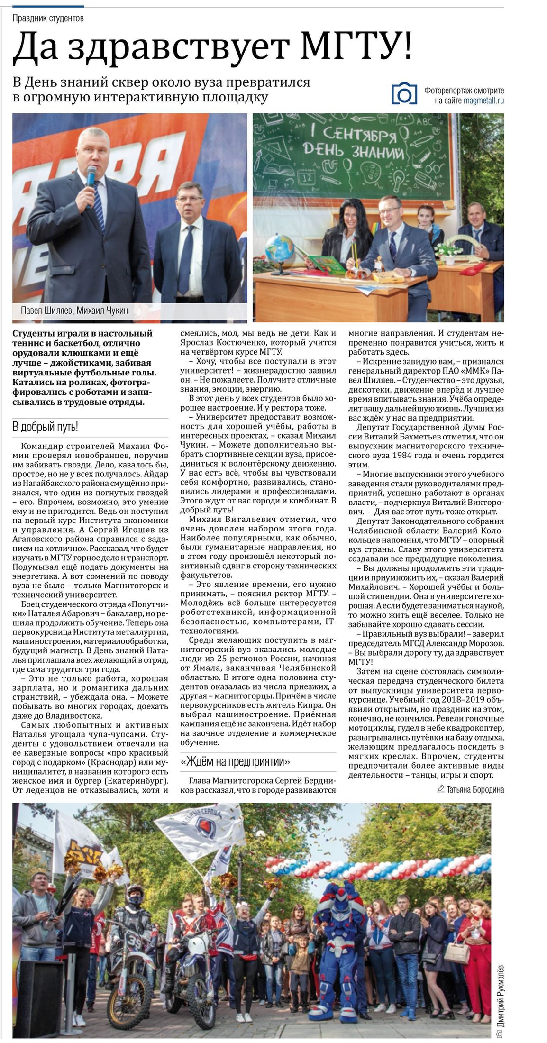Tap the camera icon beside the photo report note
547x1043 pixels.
coord(404,93)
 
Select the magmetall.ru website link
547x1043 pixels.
coord(483,101)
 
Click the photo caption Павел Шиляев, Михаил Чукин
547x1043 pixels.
coord(74,311)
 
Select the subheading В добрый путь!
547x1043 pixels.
coord(45,427)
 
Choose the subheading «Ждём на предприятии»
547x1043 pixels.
coord(236,762)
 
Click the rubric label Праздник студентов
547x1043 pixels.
coord(48,18)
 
